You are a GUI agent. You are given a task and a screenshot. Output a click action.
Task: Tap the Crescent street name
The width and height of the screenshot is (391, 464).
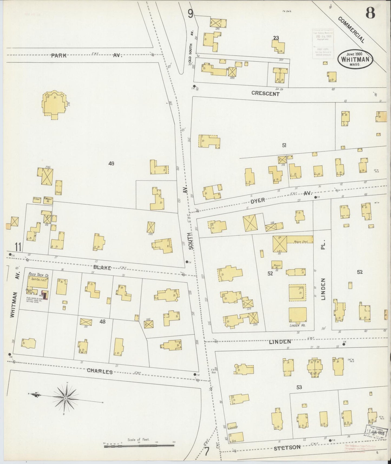point(265,94)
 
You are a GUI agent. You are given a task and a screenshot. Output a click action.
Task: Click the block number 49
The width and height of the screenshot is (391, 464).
point(111,164)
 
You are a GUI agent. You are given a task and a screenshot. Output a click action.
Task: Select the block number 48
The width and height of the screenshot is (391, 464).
point(102,322)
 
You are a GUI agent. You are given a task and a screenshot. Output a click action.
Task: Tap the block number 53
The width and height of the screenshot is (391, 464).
point(299,387)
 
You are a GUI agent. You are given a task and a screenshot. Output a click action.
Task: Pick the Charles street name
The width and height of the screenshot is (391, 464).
point(100,372)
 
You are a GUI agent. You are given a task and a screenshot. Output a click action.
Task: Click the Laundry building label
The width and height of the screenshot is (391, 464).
point(233,427)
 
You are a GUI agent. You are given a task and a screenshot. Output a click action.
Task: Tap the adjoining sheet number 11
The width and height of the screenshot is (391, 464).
point(18,247)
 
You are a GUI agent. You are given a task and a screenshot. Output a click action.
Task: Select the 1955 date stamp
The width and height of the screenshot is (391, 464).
point(377,430)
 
